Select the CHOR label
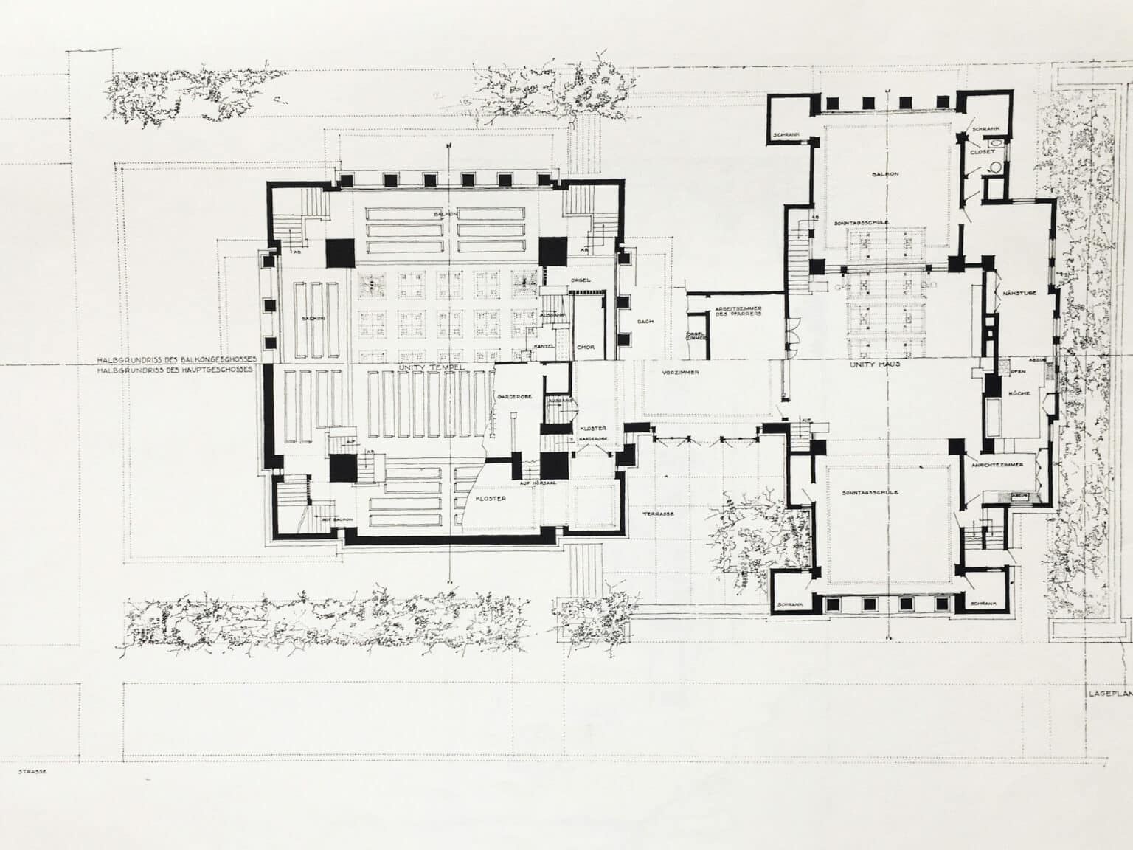[x=586, y=347]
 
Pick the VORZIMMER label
[x=681, y=372]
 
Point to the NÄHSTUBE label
[x=1020, y=293]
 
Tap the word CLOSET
[x=983, y=151]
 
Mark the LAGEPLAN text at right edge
[x=1109, y=694]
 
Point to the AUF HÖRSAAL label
[x=536, y=483]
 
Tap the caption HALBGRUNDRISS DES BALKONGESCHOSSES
[x=176, y=360]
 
